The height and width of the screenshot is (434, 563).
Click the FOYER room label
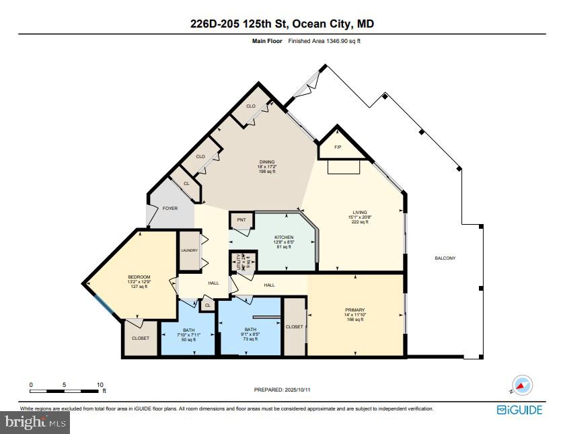tap(170, 209)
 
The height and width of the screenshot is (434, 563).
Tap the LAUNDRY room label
tap(189, 250)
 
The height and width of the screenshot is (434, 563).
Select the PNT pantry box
tap(241, 220)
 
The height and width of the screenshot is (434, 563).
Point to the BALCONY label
tap(445, 258)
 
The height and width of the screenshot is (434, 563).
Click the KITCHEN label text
tap(284, 238)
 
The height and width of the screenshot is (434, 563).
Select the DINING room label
tap(268, 161)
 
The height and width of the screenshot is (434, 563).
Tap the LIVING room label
tap(359, 213)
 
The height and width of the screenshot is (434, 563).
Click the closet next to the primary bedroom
tap(294, 326)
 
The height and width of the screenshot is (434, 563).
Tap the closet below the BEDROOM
tap(141, 338)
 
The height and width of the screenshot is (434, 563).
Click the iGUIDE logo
tap(519, 410)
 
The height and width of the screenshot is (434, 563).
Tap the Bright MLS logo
tap(36, 423)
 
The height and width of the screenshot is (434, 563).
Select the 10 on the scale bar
tap(100, 385)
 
